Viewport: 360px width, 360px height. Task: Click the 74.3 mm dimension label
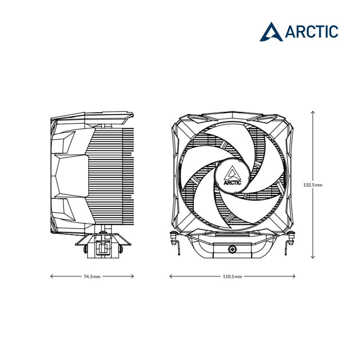(x=92, y=276)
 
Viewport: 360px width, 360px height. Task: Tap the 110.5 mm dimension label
(x=232, y=276)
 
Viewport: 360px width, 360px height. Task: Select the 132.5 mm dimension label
(x=313, y=185)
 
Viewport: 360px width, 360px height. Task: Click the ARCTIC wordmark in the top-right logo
(x=311, y=31)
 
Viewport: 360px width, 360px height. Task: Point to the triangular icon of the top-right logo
(x=271, y=32)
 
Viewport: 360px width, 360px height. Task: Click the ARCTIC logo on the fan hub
(x=232, y=176)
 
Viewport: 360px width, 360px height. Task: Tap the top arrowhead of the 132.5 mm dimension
(x=313, y=112)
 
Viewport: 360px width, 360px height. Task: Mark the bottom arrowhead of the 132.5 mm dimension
(x=313, y=257)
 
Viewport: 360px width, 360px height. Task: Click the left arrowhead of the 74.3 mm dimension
(x=51, y=276)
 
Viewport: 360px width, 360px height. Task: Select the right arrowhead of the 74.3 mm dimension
(x=132, y=276)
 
